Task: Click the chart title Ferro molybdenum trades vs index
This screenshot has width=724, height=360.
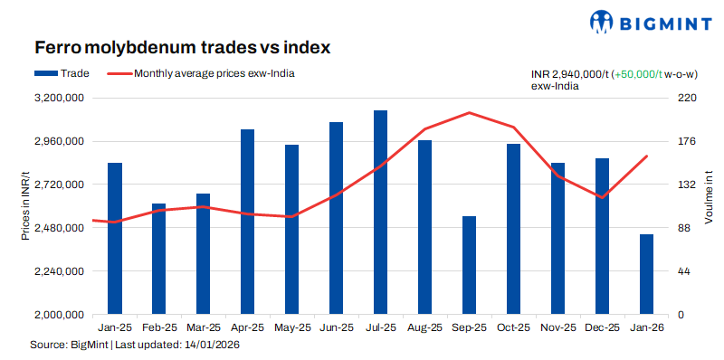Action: tap(181, 46)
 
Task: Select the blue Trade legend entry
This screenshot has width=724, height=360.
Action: tap(61, 73)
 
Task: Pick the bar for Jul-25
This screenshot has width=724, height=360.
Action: tap(380, 213)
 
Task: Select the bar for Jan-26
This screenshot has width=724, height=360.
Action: tap(646, 274)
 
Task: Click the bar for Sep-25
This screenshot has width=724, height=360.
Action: tap(469, 265)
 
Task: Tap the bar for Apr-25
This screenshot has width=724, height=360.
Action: tap(247, 222)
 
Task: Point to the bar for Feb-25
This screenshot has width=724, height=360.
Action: tap(158, 259)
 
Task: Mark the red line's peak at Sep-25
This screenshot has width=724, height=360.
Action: tap(469, 113)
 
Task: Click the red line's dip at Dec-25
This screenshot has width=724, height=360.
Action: tap(602, 197)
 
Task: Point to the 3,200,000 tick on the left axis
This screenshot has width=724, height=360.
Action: tap(59, 98)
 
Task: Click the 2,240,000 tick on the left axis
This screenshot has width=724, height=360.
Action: tap(59, 271)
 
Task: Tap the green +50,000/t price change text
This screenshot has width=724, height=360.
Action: tap(638, 73)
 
